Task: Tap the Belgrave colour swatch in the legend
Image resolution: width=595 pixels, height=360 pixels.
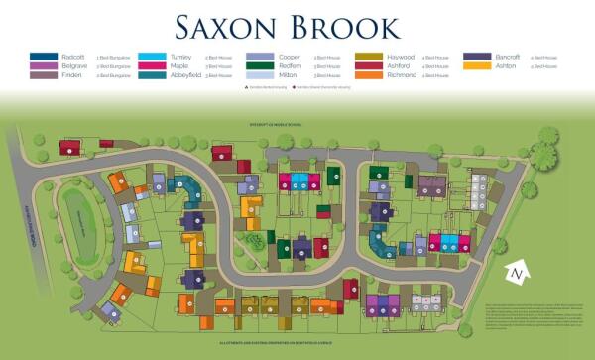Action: (x=44, y=65)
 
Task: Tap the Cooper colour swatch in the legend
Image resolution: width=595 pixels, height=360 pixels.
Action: (x=259, y=57)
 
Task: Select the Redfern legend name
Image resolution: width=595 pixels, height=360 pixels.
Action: (x=291, y=65)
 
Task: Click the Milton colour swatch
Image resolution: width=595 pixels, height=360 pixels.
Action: (x=259, y=74)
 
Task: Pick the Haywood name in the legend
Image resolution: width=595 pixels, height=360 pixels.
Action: (x=402, y=57)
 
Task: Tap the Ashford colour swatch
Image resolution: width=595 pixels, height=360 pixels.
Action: (x=368, y=65)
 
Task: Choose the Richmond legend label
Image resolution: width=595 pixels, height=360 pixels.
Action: (x=402, y=74)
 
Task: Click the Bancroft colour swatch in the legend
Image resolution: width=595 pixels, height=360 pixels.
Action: (x=479, y=57)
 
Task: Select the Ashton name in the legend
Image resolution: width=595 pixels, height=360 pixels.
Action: (x=507, y=65)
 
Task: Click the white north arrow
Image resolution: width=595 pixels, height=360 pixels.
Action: (x=516, y=272)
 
